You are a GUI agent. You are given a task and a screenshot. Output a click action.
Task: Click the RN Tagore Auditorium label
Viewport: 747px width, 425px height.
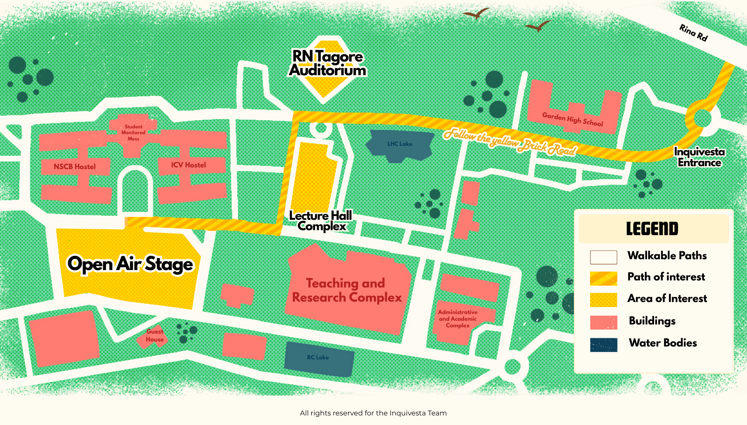[328, 63]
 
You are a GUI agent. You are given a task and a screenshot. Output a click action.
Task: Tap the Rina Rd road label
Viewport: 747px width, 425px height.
[693, 32]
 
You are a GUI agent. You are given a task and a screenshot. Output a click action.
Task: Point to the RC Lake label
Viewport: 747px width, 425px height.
[318, 357]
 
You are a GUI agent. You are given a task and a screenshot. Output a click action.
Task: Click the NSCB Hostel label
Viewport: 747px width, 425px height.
[75, 167]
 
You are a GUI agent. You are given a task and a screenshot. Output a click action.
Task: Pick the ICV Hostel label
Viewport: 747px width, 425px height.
[188, 165]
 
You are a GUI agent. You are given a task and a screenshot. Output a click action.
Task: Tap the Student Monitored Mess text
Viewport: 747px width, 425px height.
[133, 133]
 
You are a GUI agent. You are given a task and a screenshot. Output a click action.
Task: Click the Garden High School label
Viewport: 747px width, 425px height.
[572, 119]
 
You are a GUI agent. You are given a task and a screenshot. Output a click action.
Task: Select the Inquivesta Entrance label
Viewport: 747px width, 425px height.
[699, 157]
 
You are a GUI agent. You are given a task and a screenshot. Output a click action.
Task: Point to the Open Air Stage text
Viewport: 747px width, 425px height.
[130, 264]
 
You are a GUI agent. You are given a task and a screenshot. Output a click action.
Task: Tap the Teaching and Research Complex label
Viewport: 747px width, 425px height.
[347, 290]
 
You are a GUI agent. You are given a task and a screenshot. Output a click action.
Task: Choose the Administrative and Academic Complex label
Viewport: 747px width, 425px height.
[458, 319]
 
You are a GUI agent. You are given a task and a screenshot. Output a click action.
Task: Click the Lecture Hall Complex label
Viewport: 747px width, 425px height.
[321, 221]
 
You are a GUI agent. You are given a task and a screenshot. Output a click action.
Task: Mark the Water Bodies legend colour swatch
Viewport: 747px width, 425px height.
[603, 344]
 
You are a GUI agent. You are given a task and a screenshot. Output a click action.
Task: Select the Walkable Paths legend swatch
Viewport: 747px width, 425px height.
[603, 257]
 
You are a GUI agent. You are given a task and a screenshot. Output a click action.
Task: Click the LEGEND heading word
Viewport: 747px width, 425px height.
[652, 229]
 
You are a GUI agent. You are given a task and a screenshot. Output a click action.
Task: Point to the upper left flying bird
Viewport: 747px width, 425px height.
[476, 14]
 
